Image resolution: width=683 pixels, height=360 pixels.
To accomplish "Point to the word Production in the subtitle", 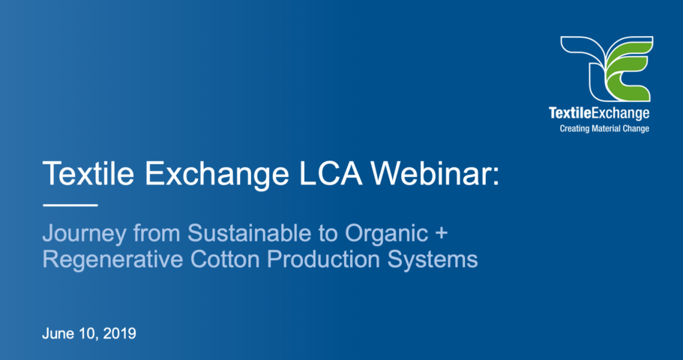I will [x=307, y=259].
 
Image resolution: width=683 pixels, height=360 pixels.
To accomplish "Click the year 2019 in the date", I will [x=118, y=334].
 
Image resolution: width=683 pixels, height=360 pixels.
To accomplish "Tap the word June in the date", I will [x=57, y=334].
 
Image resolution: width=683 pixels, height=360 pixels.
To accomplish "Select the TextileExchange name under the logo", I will [x=599, y=114].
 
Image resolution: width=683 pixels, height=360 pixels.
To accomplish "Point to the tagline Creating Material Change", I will [x=604, y=129].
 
